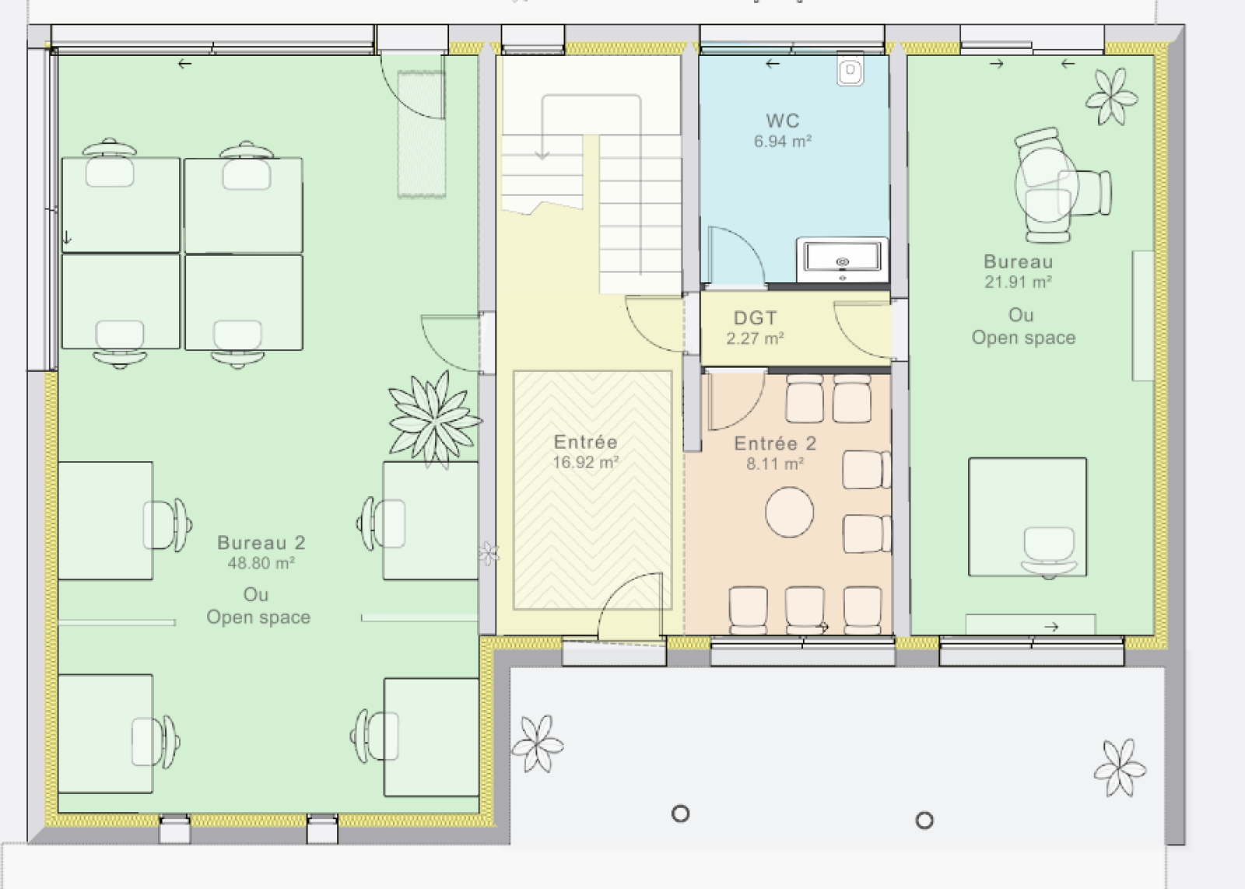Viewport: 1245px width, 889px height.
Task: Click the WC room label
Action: click(x=783, y=121)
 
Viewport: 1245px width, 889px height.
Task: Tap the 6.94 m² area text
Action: click(x=783, y=142)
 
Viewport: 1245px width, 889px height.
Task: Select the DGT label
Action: click(x=755, y=318)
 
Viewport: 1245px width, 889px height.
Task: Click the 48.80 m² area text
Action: click(x=261, y=563)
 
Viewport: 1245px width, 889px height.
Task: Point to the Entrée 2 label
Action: click(x=775, y=443)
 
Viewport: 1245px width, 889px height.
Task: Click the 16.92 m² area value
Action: click(x=586, y=462)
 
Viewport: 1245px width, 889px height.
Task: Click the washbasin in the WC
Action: click(x=843, y=260)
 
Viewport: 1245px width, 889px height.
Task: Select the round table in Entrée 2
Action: click(x=789, y=513)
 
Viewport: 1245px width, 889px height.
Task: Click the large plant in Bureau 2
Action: click(x=435, y=419)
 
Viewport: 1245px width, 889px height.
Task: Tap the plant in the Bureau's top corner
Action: click(x=1112, y=96)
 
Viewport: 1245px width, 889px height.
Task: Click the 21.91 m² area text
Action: click(x=1019, y=282)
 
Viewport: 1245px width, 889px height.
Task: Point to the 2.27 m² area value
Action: click(x=756, y=338)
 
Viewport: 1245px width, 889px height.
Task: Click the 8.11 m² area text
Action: click(x=775, y=464)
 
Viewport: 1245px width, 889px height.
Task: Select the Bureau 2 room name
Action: click(x=261, y=543)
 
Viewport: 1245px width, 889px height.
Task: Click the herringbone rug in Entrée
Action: click(x=592, y=490)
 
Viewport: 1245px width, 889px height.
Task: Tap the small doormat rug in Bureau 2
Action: click(x=421, y=134)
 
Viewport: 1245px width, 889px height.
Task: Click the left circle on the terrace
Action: click(x=681, y=814)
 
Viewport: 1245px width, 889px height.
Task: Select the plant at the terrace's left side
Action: click(x=538, y=744)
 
